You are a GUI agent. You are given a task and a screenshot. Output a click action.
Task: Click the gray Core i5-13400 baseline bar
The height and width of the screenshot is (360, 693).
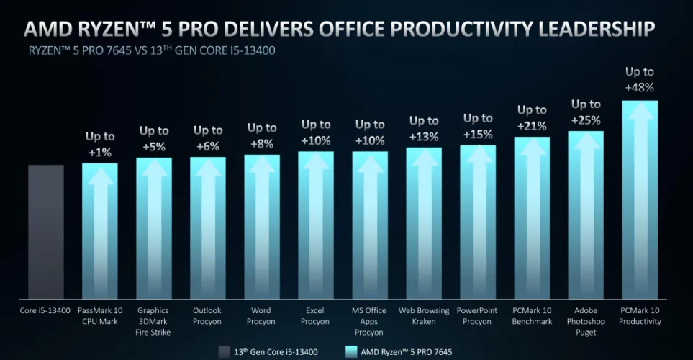point(46,230)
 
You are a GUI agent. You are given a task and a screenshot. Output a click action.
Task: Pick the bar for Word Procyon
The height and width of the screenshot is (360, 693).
point(262,226)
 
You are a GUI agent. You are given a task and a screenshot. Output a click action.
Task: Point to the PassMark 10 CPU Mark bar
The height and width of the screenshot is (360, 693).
point(100,230)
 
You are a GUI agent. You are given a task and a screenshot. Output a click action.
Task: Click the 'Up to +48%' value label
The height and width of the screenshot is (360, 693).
point(640,79)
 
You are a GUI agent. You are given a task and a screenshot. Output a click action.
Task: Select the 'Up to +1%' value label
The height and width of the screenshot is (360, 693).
point(100,143)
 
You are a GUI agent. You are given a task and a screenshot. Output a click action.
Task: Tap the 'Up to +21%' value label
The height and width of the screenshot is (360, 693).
point(532,117)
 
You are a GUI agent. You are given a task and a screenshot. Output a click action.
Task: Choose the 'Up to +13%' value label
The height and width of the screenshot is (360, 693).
point(424,128)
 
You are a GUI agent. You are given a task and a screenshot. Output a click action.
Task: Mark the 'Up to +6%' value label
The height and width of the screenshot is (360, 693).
point(208,138)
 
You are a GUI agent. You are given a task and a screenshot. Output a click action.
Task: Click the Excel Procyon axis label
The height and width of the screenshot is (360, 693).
point(316,316)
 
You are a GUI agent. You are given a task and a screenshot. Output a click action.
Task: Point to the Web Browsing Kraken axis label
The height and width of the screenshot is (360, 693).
point(424,316)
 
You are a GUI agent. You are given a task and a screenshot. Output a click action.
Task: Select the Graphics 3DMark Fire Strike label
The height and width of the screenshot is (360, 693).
point(154,321)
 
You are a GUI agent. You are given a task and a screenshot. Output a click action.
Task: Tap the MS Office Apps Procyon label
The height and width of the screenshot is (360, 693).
point(370,321)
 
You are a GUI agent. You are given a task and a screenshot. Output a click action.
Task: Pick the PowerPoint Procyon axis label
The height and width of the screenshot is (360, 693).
point(478,316)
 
